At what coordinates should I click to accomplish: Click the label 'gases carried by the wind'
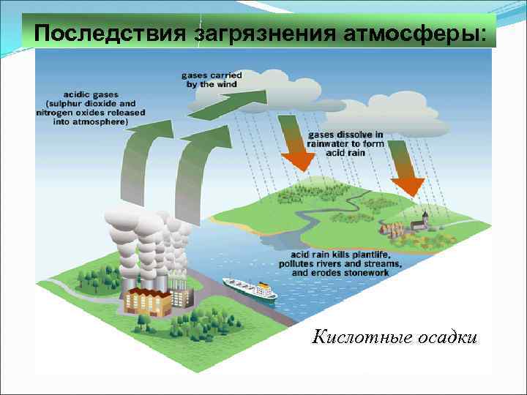click(x=212, y=80)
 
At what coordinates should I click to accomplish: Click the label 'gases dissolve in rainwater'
click(x=346, y=140)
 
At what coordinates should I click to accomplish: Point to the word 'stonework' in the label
click(x=365, y=272)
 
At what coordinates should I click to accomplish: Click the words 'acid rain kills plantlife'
click(x=339, y=255)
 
